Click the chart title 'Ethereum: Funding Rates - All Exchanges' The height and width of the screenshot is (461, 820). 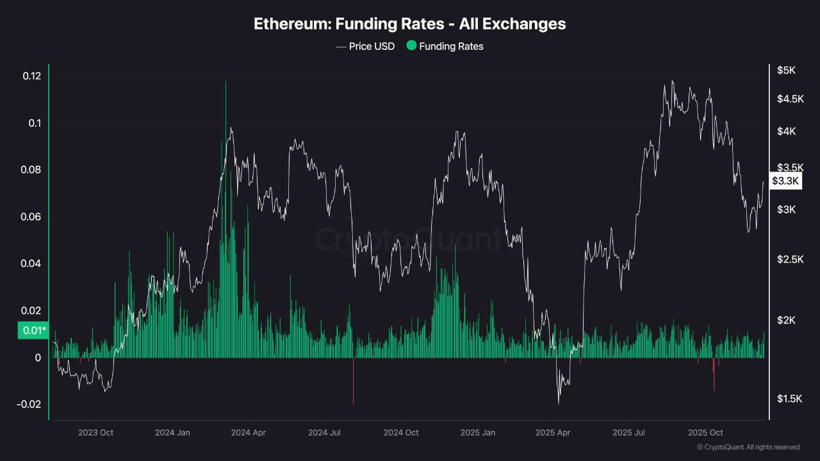tap(410, 24)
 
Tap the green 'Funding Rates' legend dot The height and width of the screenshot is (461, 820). tap(411, 45)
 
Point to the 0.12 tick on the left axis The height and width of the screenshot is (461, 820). tap(32, 76)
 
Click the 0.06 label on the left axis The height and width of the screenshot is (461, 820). tap(32, 217)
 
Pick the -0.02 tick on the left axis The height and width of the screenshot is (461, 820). tap(31, 405)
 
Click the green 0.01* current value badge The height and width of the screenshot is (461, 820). tap(34, 330)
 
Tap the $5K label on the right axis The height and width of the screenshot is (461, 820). tap(786, 70)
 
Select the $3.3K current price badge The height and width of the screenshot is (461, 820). tap(785, 181)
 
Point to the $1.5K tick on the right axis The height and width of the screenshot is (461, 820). tap(789, 399)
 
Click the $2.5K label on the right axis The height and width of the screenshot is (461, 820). tap(789, 259)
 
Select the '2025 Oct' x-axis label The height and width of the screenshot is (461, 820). tap(705, 433)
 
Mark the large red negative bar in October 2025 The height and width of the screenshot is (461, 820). tap(714, 378)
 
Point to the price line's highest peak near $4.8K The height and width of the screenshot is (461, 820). tap(672, 81)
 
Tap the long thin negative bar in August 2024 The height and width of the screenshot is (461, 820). tap(353, 384)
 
